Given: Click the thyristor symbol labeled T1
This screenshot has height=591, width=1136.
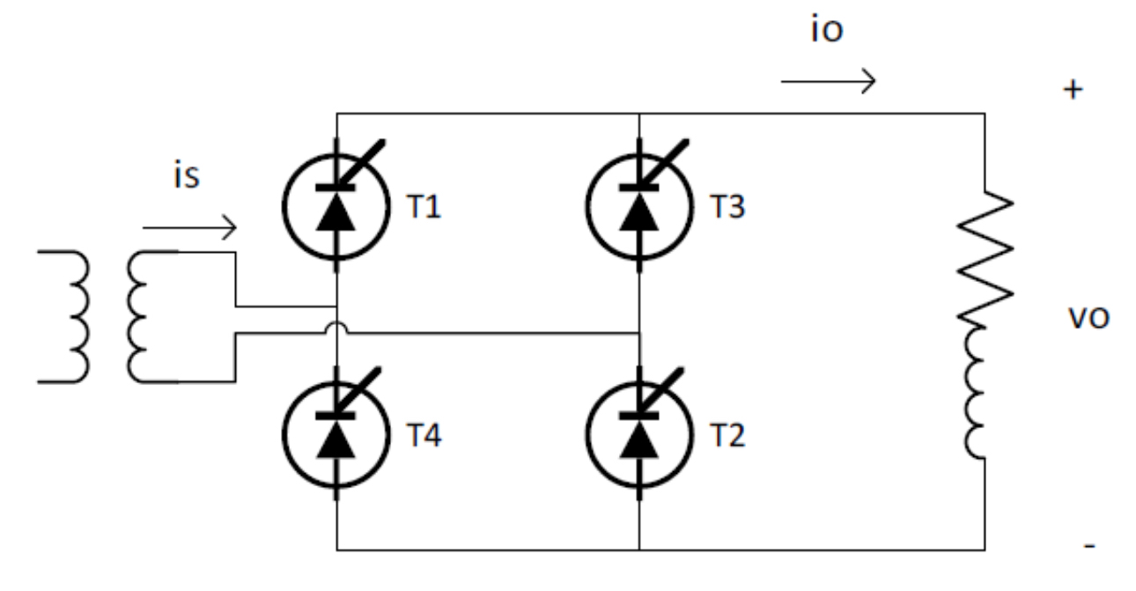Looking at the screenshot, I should point(336,209).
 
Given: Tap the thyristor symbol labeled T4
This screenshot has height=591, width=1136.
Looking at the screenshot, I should point(336,436).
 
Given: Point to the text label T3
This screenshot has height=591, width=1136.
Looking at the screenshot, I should point(727,209).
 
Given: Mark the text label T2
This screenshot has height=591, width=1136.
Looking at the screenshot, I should point(727,436).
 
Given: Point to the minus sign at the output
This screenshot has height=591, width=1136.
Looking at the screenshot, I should point(1089,548).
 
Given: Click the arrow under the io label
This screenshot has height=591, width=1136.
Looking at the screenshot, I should point(828,83).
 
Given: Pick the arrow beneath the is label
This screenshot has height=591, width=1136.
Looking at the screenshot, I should point(189,231).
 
